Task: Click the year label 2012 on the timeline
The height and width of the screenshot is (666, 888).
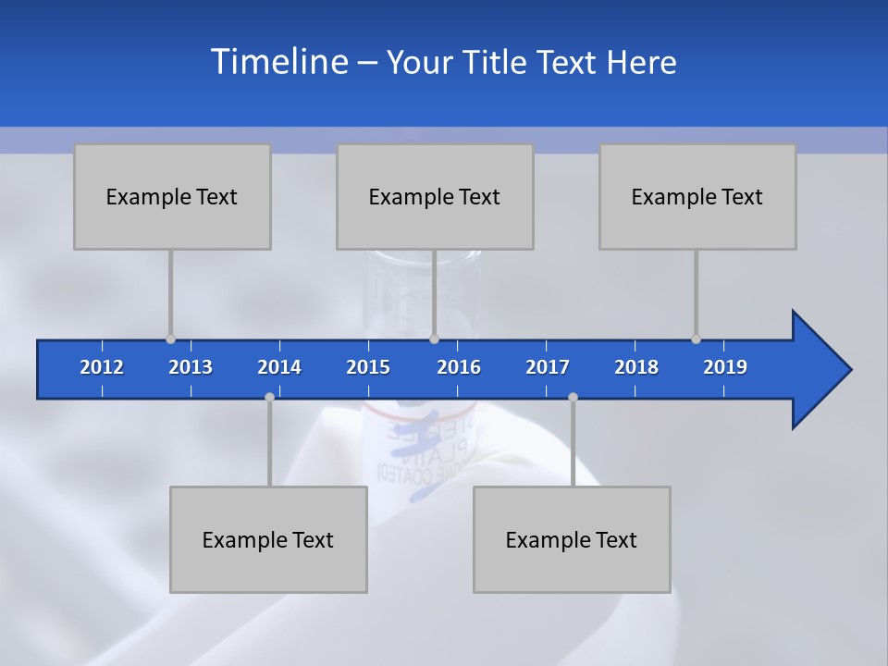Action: click(102, 367)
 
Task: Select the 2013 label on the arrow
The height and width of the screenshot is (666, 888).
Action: click(191, 367)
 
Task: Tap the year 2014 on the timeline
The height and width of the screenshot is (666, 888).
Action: click(279, 367)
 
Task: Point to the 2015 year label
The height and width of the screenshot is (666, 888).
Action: click(368, 367)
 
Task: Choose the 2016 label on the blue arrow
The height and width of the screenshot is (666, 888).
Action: click(459, 367)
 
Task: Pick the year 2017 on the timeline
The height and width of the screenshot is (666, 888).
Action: click(548, 367)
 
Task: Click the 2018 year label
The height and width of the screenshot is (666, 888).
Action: click(636, 367)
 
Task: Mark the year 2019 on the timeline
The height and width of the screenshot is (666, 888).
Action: click(725, 367)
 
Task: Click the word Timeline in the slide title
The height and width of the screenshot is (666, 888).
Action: click(278, 61)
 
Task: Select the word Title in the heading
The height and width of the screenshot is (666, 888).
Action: click(495, 62)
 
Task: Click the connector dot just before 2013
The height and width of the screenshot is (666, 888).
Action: click(170, 339)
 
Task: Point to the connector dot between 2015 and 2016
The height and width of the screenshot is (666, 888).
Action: click(434, 339)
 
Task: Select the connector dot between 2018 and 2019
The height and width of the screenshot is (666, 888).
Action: click(696, 339)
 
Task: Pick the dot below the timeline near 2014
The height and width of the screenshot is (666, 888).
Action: click(269, 397)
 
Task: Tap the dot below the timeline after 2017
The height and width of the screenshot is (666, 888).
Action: click(573, 397)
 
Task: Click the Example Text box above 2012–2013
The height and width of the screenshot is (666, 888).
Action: click(172, 196)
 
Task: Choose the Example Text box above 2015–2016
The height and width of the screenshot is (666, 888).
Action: click(435, 196)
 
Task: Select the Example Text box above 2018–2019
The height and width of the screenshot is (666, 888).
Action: click(697, 196)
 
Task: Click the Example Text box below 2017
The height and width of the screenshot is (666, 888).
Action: click(572, 539)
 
